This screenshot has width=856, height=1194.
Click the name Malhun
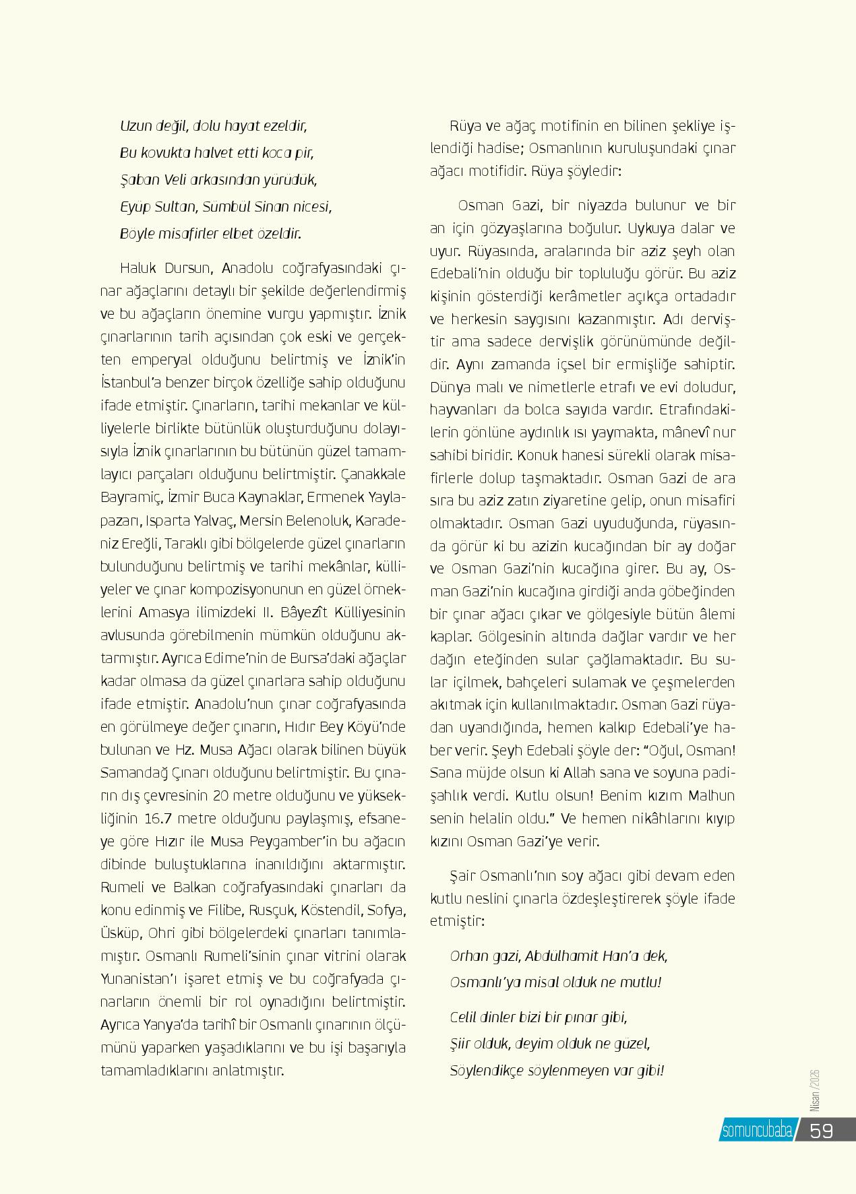(712, 796)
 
